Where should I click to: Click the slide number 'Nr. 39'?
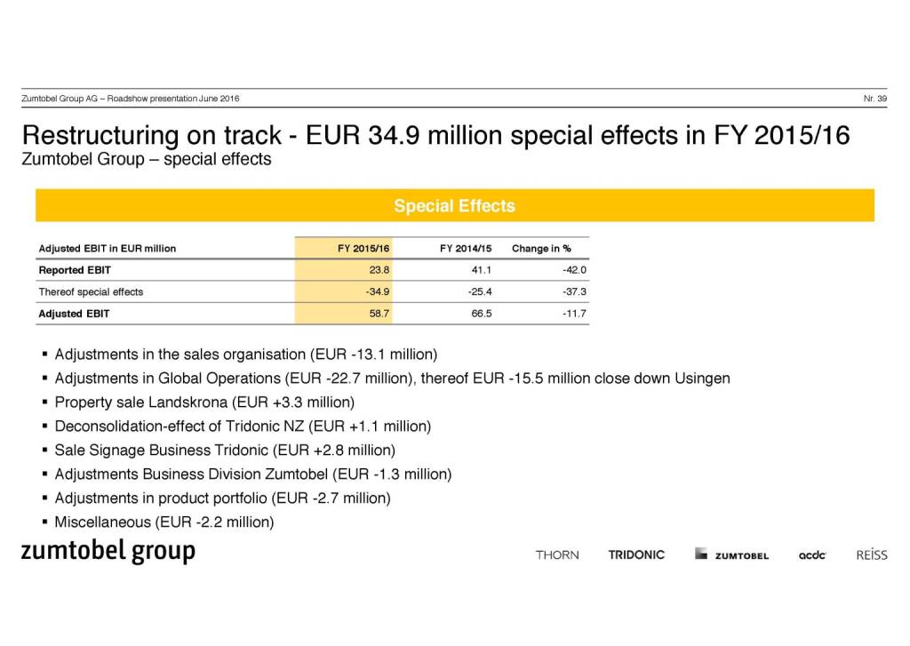pyautogui.click(x=874, y=98)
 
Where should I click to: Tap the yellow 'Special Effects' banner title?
pyautogui.click(x=454, y=206)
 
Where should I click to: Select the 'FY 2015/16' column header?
pyautogui.click(x=363, y=248)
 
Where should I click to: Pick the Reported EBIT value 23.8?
pyautogui.click(x=379, y=270)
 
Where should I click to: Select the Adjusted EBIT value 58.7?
pyautogui.click(x=379, y=314)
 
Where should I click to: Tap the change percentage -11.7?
pyautogui.click(x=573, y=314)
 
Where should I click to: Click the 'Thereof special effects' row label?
pyautogui.click(x=91, y=291)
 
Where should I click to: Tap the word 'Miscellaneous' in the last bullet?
pyautogui.click(x=102, y=522)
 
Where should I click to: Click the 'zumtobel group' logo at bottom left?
pyautogui.click(x=108, y=551)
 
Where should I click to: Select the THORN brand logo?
pyautogui.click(x=557, y=554)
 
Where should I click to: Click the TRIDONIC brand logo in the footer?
pyautogui.click(x=636, y=554)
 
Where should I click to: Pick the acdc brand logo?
pyautogui.click(x=812, y=555)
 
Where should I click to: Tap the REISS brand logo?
pyautogui.click(x=872, y=554)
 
